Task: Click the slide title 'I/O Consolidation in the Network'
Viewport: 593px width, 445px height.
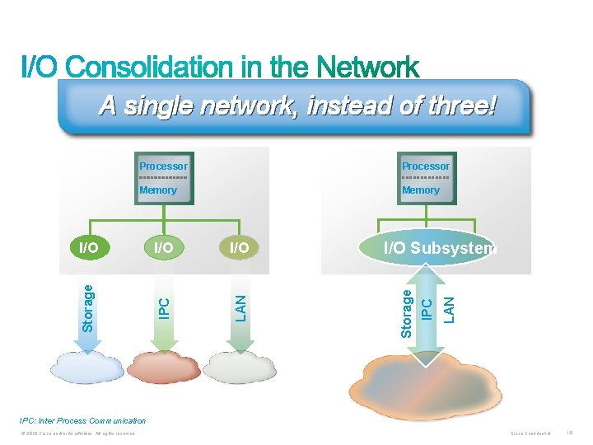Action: point(220,68)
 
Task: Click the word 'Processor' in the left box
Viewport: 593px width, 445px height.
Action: point(163,166)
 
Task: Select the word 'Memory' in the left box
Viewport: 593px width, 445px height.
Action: point(158,190)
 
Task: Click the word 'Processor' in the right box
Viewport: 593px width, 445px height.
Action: point(426,166)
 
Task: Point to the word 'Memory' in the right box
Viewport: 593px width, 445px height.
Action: point(421,190)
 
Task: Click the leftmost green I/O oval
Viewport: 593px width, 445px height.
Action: point(88,247)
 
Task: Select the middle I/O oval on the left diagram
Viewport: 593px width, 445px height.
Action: point(163,247)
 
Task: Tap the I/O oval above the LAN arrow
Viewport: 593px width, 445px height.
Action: point(239,247)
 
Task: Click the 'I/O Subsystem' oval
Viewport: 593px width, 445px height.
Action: point(427,248)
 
